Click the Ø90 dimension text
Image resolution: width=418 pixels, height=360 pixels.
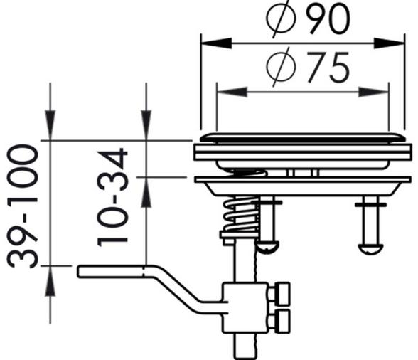(308, 18)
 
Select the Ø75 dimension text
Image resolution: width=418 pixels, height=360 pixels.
(308, 67)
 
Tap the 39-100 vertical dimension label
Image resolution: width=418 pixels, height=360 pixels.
(23, 206)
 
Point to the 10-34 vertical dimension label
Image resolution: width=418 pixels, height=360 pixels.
(112, 198)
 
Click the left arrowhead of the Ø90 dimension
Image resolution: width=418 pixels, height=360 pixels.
(216, 43)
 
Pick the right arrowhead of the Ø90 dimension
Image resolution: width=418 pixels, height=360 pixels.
(390, 43)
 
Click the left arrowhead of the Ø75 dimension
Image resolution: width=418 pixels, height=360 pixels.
(232, 92)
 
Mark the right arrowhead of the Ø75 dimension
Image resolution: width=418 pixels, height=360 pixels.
(374, 92)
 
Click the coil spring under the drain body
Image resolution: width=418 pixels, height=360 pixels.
(241, 214)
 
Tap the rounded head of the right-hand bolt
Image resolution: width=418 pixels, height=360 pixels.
(371, 249)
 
